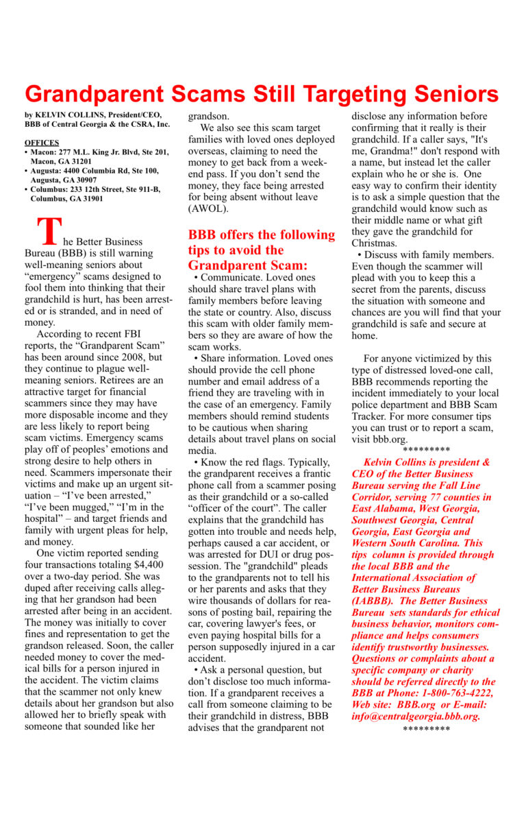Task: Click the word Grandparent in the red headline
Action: [97, 94]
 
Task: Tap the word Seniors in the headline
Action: [447, 94]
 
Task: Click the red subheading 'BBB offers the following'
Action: [262, 235]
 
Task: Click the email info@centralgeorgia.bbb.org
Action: [416, 717]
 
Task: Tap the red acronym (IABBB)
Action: [373, 601]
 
